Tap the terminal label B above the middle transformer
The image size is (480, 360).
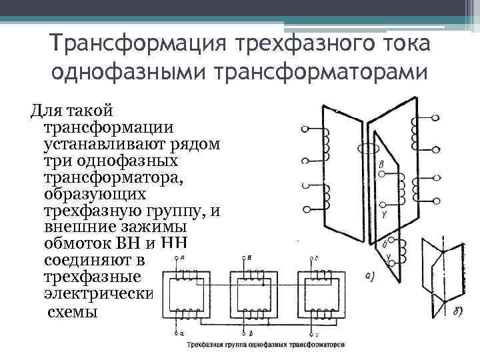pyautogui.click(x=249, y=257)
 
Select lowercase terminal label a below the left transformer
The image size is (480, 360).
pyautogui.click(x=182, y=331)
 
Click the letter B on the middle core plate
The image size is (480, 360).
pyautogui.click(x=381, y=165)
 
